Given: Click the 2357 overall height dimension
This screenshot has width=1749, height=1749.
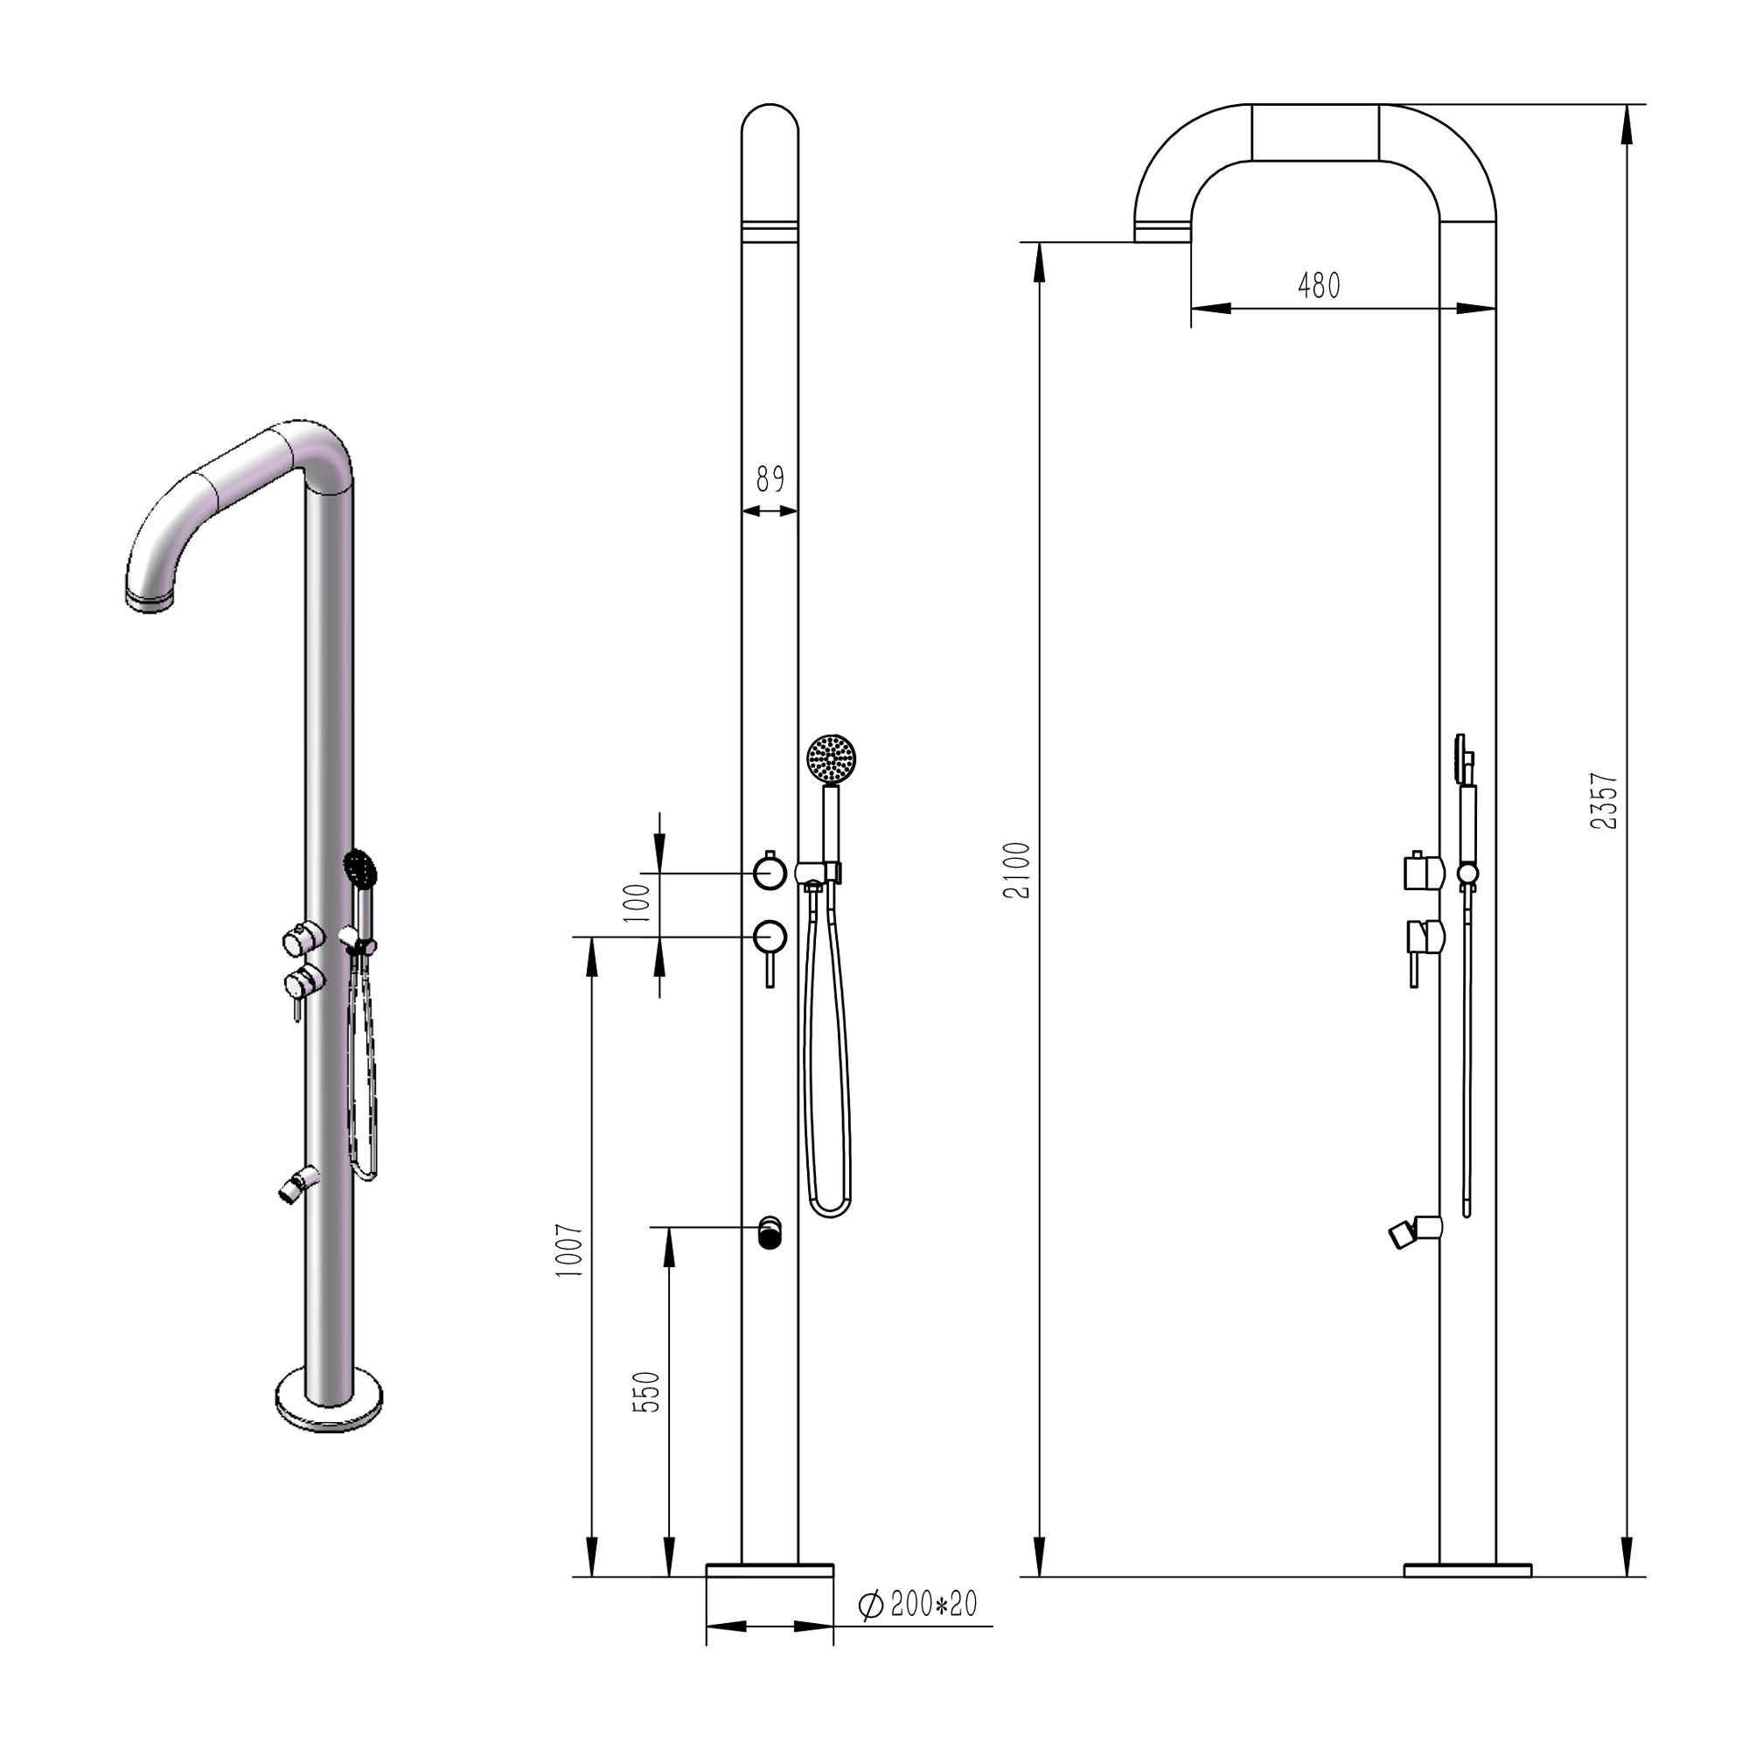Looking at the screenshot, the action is [x=1603, y=800].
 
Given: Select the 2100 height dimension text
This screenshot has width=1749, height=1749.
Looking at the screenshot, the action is [x=1018, y=870].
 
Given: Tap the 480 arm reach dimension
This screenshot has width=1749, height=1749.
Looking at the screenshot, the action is [x=1319, y=286].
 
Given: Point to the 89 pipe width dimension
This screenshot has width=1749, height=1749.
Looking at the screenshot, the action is [x=770, y=480].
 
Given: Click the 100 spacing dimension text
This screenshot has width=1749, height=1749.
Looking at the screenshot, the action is [x=638, y=902].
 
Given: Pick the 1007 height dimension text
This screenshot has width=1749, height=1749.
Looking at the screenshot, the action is [x=569, y=1251].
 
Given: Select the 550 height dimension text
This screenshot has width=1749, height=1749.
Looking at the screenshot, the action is [x=646, y=1392].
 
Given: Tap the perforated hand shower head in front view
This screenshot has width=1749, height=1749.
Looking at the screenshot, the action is [x=831, y=756].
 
